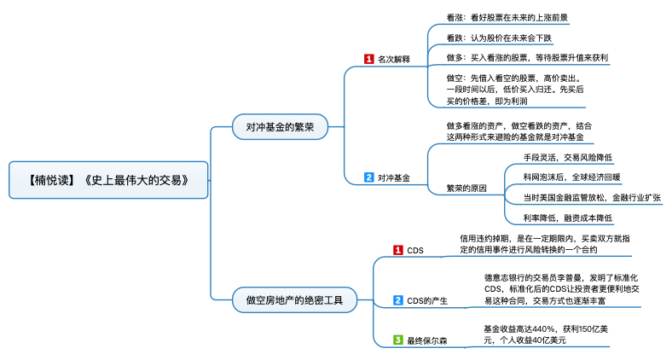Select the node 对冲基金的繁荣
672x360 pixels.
(280, 127)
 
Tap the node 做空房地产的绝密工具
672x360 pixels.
(295, 299)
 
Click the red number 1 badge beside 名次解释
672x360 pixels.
(368, 59)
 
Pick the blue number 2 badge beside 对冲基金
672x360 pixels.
(368, 177)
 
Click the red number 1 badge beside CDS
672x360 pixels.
(397, 250)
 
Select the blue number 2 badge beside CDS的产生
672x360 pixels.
(397, 299)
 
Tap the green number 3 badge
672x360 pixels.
(397, 340)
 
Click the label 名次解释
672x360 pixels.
(394, 60)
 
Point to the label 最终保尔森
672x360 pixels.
(426, 340)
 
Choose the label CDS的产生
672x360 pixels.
(427, 299)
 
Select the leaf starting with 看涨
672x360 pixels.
(507, 17)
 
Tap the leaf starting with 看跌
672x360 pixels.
(500, 38)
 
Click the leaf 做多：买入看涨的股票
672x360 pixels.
(526, 57)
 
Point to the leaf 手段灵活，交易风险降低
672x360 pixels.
(568, 157)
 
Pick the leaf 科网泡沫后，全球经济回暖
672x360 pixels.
(571, 177)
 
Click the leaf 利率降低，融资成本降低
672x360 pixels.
(568, 218)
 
